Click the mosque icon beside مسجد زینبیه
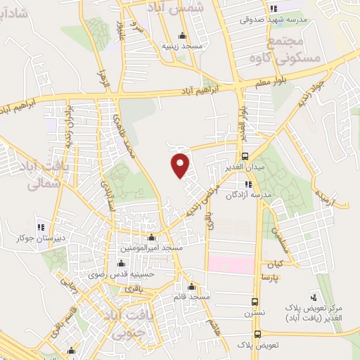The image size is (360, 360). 183,36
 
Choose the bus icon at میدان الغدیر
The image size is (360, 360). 244,156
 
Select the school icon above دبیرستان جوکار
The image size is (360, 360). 41,226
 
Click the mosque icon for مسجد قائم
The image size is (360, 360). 192,287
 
